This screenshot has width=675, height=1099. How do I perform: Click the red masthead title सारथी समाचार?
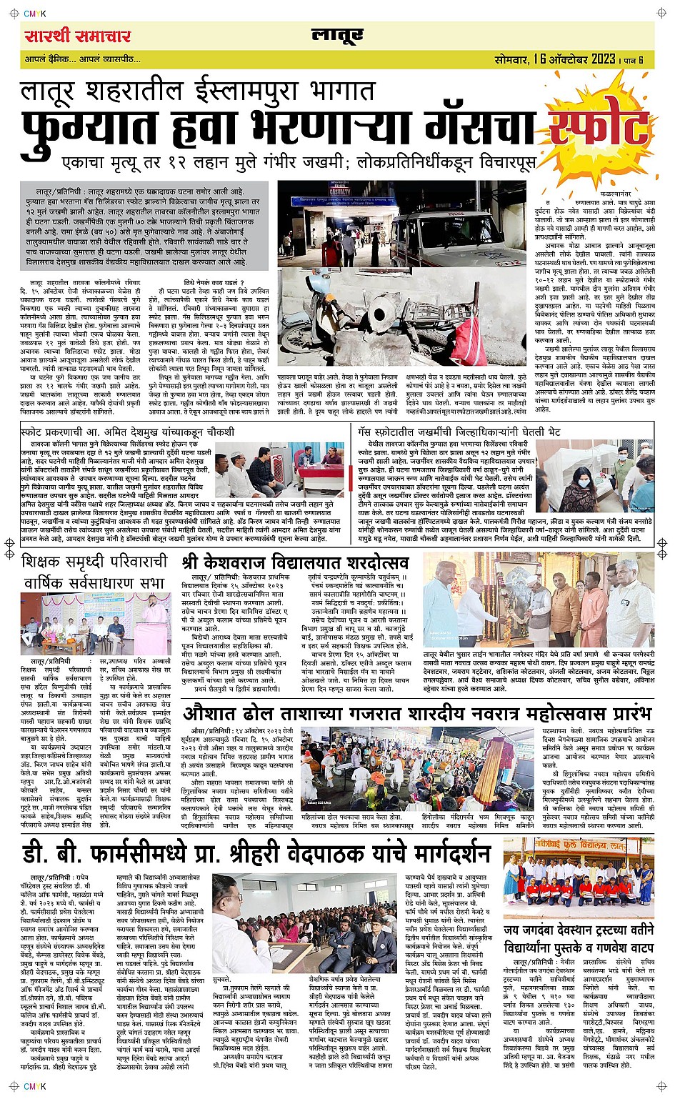[x=68, y=35]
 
